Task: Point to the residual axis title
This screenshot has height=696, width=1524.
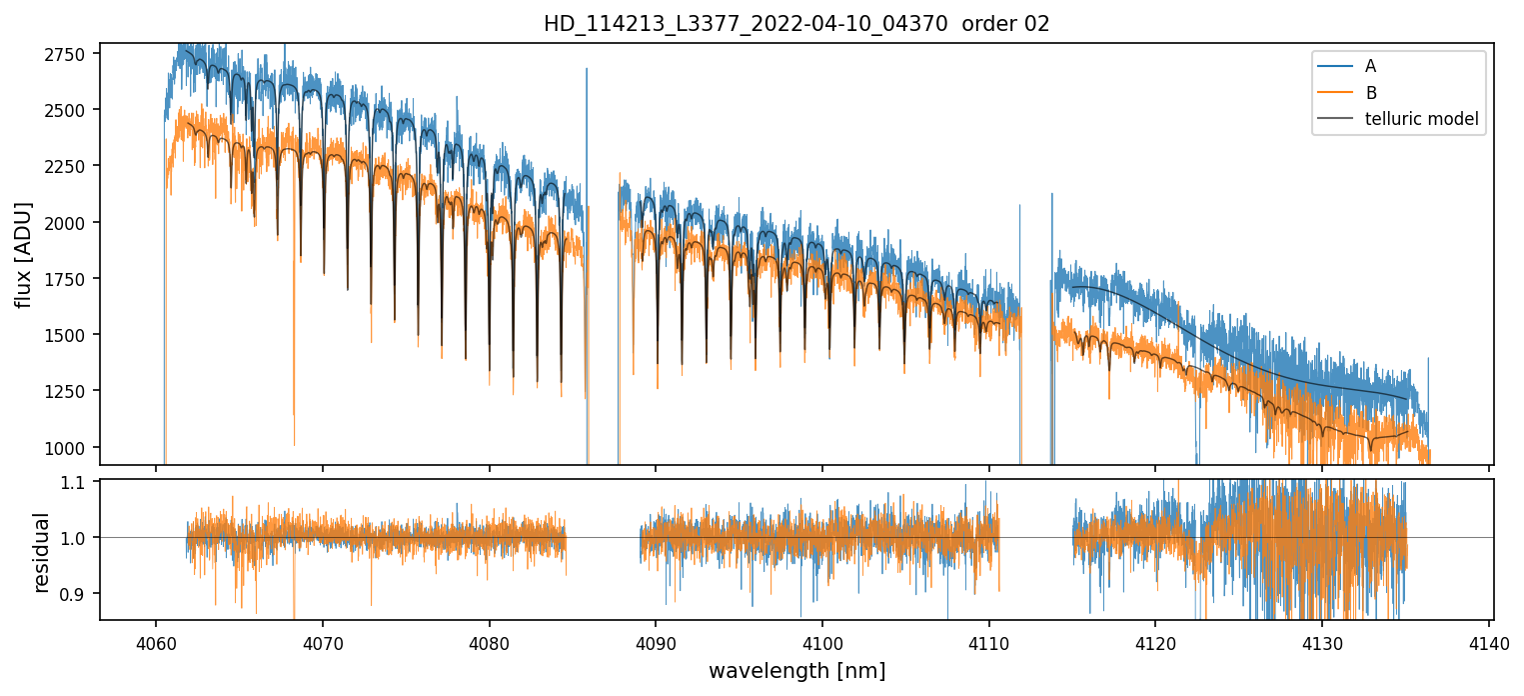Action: (41, 551)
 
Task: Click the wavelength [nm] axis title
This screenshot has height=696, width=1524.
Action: (796, 670)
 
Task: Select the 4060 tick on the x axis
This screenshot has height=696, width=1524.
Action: (156, 640)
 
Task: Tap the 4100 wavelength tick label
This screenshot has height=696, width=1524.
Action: (822, 640)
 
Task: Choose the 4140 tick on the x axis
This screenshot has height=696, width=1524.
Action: (1489, 640)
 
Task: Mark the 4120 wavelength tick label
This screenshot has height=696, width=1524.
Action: (1155, 640)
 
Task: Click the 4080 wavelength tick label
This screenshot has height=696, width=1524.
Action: (489, 640)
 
